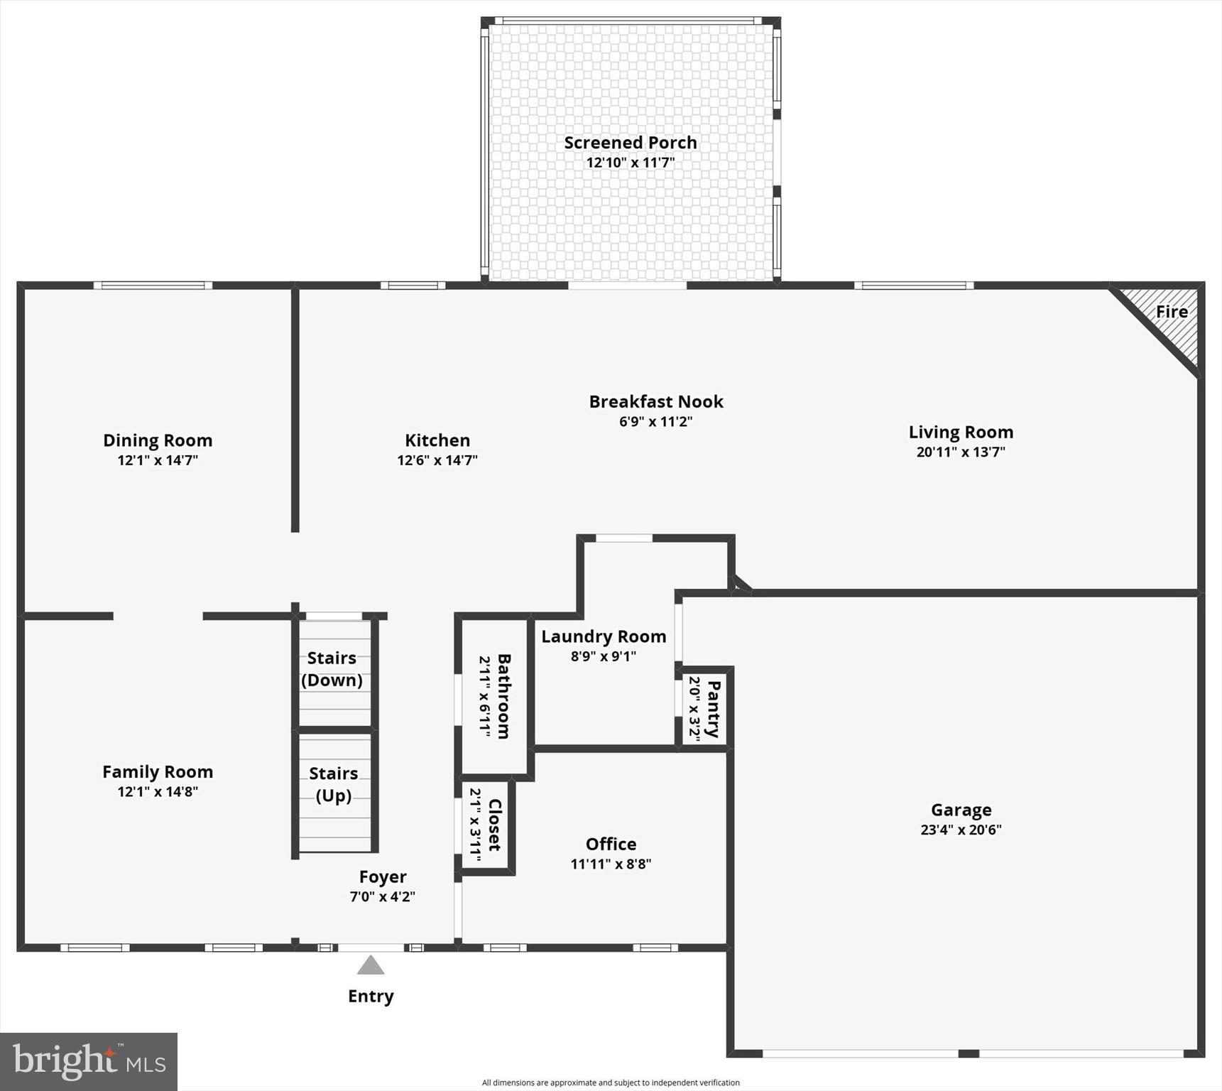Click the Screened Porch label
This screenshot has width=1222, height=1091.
pyautogui.click(x=630, y=143)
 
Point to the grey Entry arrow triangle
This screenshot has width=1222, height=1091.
pyautogui.click(x=371, y=965)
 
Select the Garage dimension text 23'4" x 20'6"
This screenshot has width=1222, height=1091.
pyautogui.click(x=961, y=830)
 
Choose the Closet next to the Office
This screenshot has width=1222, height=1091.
pyautogui.click(x=486, y=825)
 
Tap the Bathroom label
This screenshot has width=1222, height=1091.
pyautogui.click(x=503, y=696)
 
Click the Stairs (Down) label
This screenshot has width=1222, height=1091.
pyautogui.click(x=332, y=669)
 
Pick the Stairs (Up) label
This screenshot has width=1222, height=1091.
pyautogui.click(x=334, y=784)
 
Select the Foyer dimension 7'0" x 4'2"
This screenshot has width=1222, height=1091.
pyautogui.click(x=382, y=897)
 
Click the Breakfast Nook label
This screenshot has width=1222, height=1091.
pyautogui.click(x=655, y=402)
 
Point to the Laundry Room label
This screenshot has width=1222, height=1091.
pyautogui.click(x=604, y=637)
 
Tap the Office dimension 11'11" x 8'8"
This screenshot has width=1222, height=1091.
pyautogui.click(x=611, y=864)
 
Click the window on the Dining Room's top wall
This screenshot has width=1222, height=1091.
pyautogui.click(x=153, y=286)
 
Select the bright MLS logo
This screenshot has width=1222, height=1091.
pyautogui.click(x=89, y=1061)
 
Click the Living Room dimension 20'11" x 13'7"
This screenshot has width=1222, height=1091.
pyautogui.click(x=961, y=452)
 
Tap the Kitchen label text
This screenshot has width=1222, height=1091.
pyautogui.click(x=437, y=440)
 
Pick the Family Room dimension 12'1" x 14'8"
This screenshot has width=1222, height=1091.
pyautogui.click(x=158, y=792)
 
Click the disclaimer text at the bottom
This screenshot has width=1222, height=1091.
pyautogui.click(x=611, y=1082)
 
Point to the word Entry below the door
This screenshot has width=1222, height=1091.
pyautogui.click(x=371, y=997)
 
